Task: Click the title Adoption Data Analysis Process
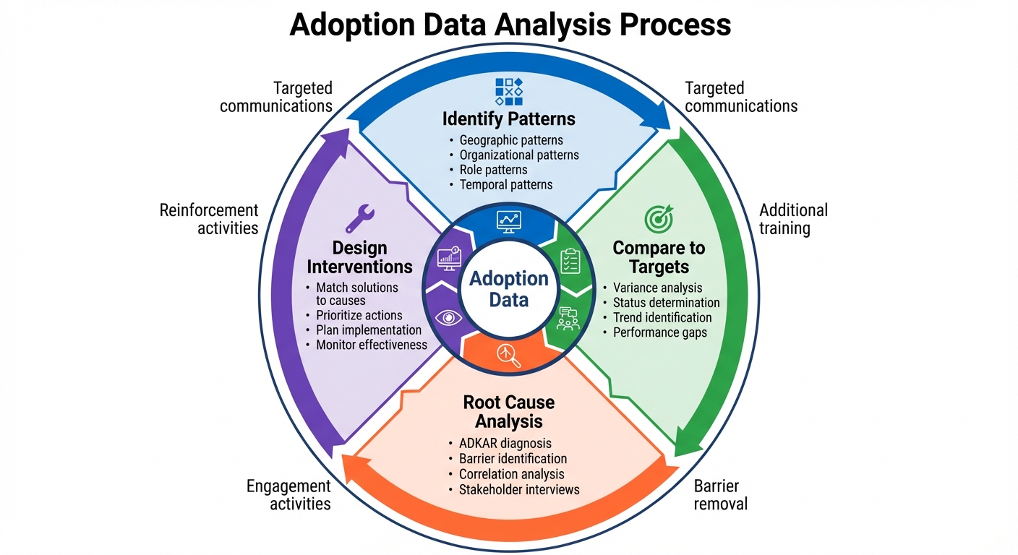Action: (510, 24)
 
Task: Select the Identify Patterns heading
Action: (508, 118)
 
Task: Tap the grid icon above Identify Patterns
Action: (508, 92)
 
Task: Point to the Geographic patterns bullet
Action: (511, 140)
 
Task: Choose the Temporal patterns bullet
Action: (506, 184)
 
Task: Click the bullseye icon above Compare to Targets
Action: (658, 218)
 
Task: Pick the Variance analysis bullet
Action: (657, 288)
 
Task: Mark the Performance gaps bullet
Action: (660, 332)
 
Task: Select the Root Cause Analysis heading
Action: (509, 411)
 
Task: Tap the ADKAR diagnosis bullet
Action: (505, 443)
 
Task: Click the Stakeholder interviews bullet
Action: (519, 489)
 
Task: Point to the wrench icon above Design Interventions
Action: (359, 218)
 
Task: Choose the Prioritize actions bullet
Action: (359, 315)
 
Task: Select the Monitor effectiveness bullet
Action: (372, 345)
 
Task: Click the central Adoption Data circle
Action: (509, 288)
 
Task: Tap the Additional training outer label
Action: (793, 219)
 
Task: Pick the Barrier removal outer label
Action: (720, 494)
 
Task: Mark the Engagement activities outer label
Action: (289, 494)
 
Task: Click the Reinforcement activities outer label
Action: (209, 219)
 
